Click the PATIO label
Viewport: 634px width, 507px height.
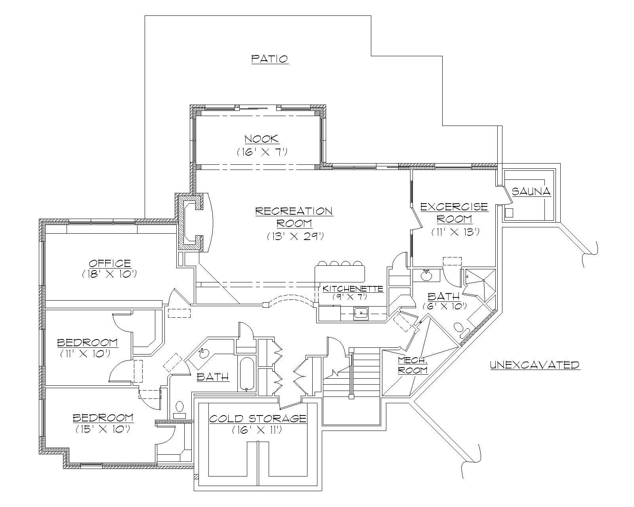click(x=269, y=59)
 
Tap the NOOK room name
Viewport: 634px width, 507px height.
click(x=261, y=139)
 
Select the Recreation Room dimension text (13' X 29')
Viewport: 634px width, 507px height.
click(x=295, y=236)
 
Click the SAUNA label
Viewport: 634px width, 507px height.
click(x=531, y=192)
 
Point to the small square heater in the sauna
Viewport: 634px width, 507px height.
click(x=509, y=213)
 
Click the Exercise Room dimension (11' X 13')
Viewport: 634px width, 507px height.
click(x=455, y=232)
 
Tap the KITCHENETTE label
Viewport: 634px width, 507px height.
click(x=352, y=288)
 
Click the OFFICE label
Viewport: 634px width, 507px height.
click(x=110, y=263)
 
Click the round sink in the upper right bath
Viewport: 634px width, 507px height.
click(x=426, y=275)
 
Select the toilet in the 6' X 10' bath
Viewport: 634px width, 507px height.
click(x=460, y=328)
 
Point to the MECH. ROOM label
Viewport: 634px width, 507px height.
click(x=413, y=365)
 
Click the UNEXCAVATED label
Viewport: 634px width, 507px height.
click(x=535, y=365)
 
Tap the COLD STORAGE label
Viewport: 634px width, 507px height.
click(x=258, y=418)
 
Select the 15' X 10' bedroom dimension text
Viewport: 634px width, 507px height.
click(x=103, y=429)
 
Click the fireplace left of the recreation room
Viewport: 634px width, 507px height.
click(x=194, y=222)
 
